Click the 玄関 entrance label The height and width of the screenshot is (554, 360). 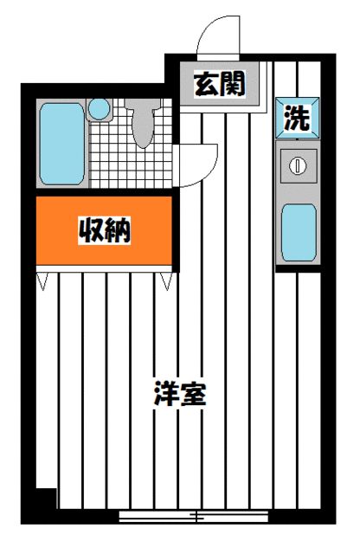220,85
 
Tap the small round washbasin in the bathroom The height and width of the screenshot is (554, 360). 100,109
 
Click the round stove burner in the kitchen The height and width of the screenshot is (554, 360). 297,164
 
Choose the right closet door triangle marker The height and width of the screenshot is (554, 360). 165,280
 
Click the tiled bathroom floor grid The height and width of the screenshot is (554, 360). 107,156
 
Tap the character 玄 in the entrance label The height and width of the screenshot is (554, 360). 206,85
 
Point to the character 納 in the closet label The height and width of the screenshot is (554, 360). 120,231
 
